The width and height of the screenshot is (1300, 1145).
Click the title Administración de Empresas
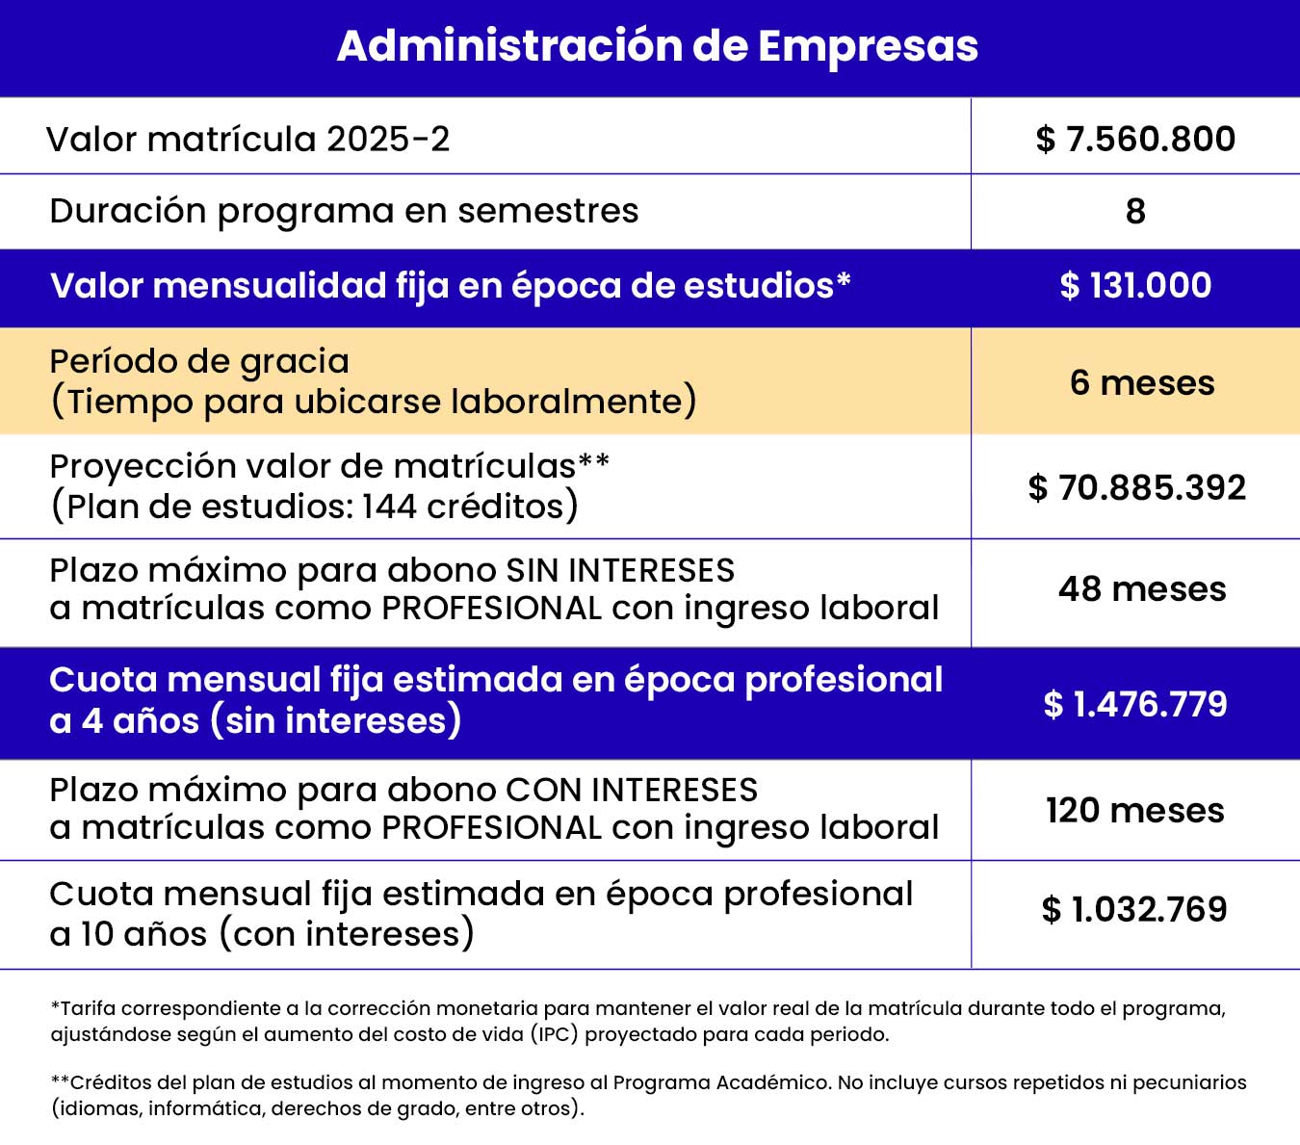(x=657, y=46)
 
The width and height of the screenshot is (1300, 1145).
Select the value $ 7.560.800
(x=1135, y=139)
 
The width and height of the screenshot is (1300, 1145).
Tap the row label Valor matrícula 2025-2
(x=248, y=139)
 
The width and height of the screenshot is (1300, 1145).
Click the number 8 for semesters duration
(x=1135, y=212)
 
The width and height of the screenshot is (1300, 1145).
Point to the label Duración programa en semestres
(x=344, y=211)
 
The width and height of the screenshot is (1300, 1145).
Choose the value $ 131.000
(x=1135, y=286)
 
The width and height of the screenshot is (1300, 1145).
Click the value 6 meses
(x=1141, y=382)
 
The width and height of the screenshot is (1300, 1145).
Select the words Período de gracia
(x=199, y=361)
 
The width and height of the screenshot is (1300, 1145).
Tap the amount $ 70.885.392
(x=1136, y=487)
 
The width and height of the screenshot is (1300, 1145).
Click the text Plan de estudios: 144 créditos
(x=315, y=507)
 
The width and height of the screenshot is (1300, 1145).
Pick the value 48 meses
(x=1142, y=588)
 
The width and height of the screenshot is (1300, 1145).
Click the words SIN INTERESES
(x=620, y=570)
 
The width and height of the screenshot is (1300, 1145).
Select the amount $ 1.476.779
(x=1135, y=704)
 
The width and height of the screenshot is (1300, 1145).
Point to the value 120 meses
(x=1135, y=810)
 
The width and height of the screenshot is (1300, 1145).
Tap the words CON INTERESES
(x=632, y=790)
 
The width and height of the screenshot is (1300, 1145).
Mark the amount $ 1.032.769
(x=1134, y=909)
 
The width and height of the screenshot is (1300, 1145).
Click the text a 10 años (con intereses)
(x=262, y=933)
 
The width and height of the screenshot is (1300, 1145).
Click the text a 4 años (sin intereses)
(x=255, y=720)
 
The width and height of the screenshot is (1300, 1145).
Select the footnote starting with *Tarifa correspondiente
(x=637, y=1022)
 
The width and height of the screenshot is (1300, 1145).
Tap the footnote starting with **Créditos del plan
(x=648, y=1095)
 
